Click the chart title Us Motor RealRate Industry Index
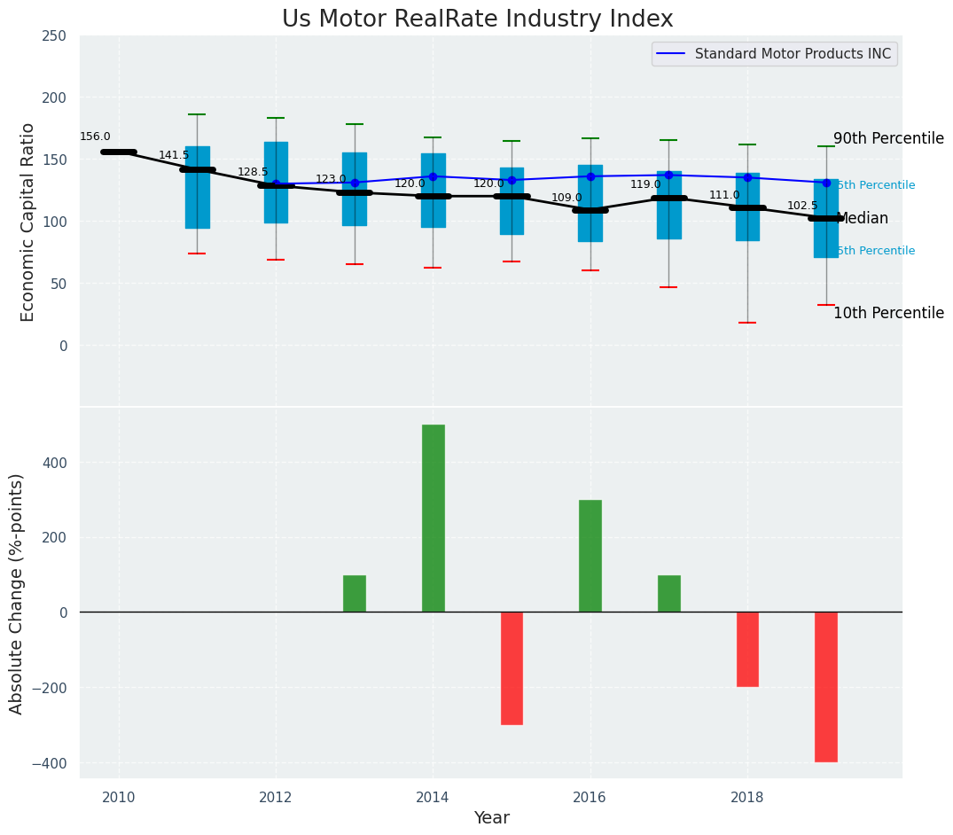[x=477, y=20]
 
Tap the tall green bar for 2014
[x=434, y=518]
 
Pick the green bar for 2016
[x=590, y=556]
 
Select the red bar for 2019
[x=826, y=686]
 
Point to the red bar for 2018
[x=747, y=649]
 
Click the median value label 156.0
[x=95, y=137]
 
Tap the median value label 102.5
[x=802, y=206]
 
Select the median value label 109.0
[x=566, y=199]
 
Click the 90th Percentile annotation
[x=888, y=139]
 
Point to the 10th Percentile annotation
[x=888, y=314]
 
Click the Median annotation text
[x=862, y=219]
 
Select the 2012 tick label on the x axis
[x=276, y=799]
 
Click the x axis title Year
[x=491, y=818]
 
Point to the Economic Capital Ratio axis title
[x=28, y=222]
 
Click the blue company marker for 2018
[x=747, y=177]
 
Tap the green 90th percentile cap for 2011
[x=197, y=114]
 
